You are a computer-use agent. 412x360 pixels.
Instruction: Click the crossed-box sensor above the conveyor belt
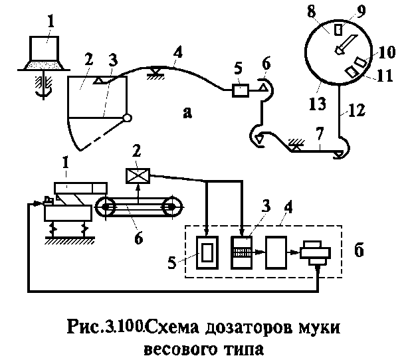(x=137, y=176)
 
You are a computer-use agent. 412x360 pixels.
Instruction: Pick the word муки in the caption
(x=322, y=327)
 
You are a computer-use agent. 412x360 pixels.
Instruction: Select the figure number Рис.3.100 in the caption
(x=106, y=327)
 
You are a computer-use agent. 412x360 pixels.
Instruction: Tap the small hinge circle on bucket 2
(x=127, y=119)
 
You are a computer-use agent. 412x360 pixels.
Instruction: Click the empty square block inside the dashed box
(x=276, y=252)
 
